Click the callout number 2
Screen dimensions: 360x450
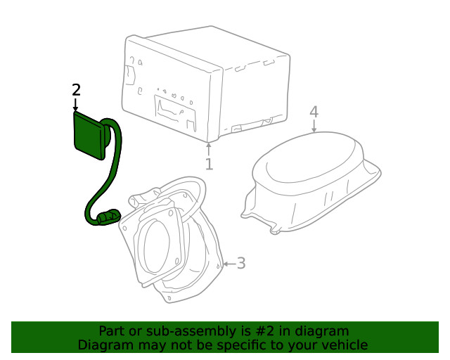coord(76,90)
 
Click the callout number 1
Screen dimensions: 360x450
coord(209,165)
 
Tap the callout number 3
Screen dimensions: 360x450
coord(240,264)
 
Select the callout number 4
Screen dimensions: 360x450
coord(314,112)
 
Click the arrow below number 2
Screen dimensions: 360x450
coord(76,105)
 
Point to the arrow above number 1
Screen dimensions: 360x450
coord(209,148)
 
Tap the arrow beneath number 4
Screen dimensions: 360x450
coord(314,126)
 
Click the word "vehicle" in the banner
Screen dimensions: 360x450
coord(345,345)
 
